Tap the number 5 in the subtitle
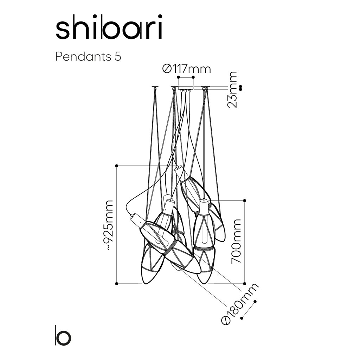pyautogui.click(x=118, y=57)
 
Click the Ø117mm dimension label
pyautogui.click(x=187, y=69)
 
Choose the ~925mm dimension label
pyautogui.click(x=109, y=225)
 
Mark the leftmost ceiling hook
pyautogui.click(x=155, y=88)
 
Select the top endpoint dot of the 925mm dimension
pyautogui.click(x=117, y=165)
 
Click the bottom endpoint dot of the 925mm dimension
pyautogui.click(x=117, y=283)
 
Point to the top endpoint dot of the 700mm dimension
pyautogui.click(x=245, y=200)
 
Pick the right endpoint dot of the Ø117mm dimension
pyautogui.click(x=193, y=77)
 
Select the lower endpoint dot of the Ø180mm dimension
pyautogui.click(x=242, y=318)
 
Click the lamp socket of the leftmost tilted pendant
pyautogui.click(x=135, y=220)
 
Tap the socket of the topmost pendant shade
pyautogui.click(x=178, y=169)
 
